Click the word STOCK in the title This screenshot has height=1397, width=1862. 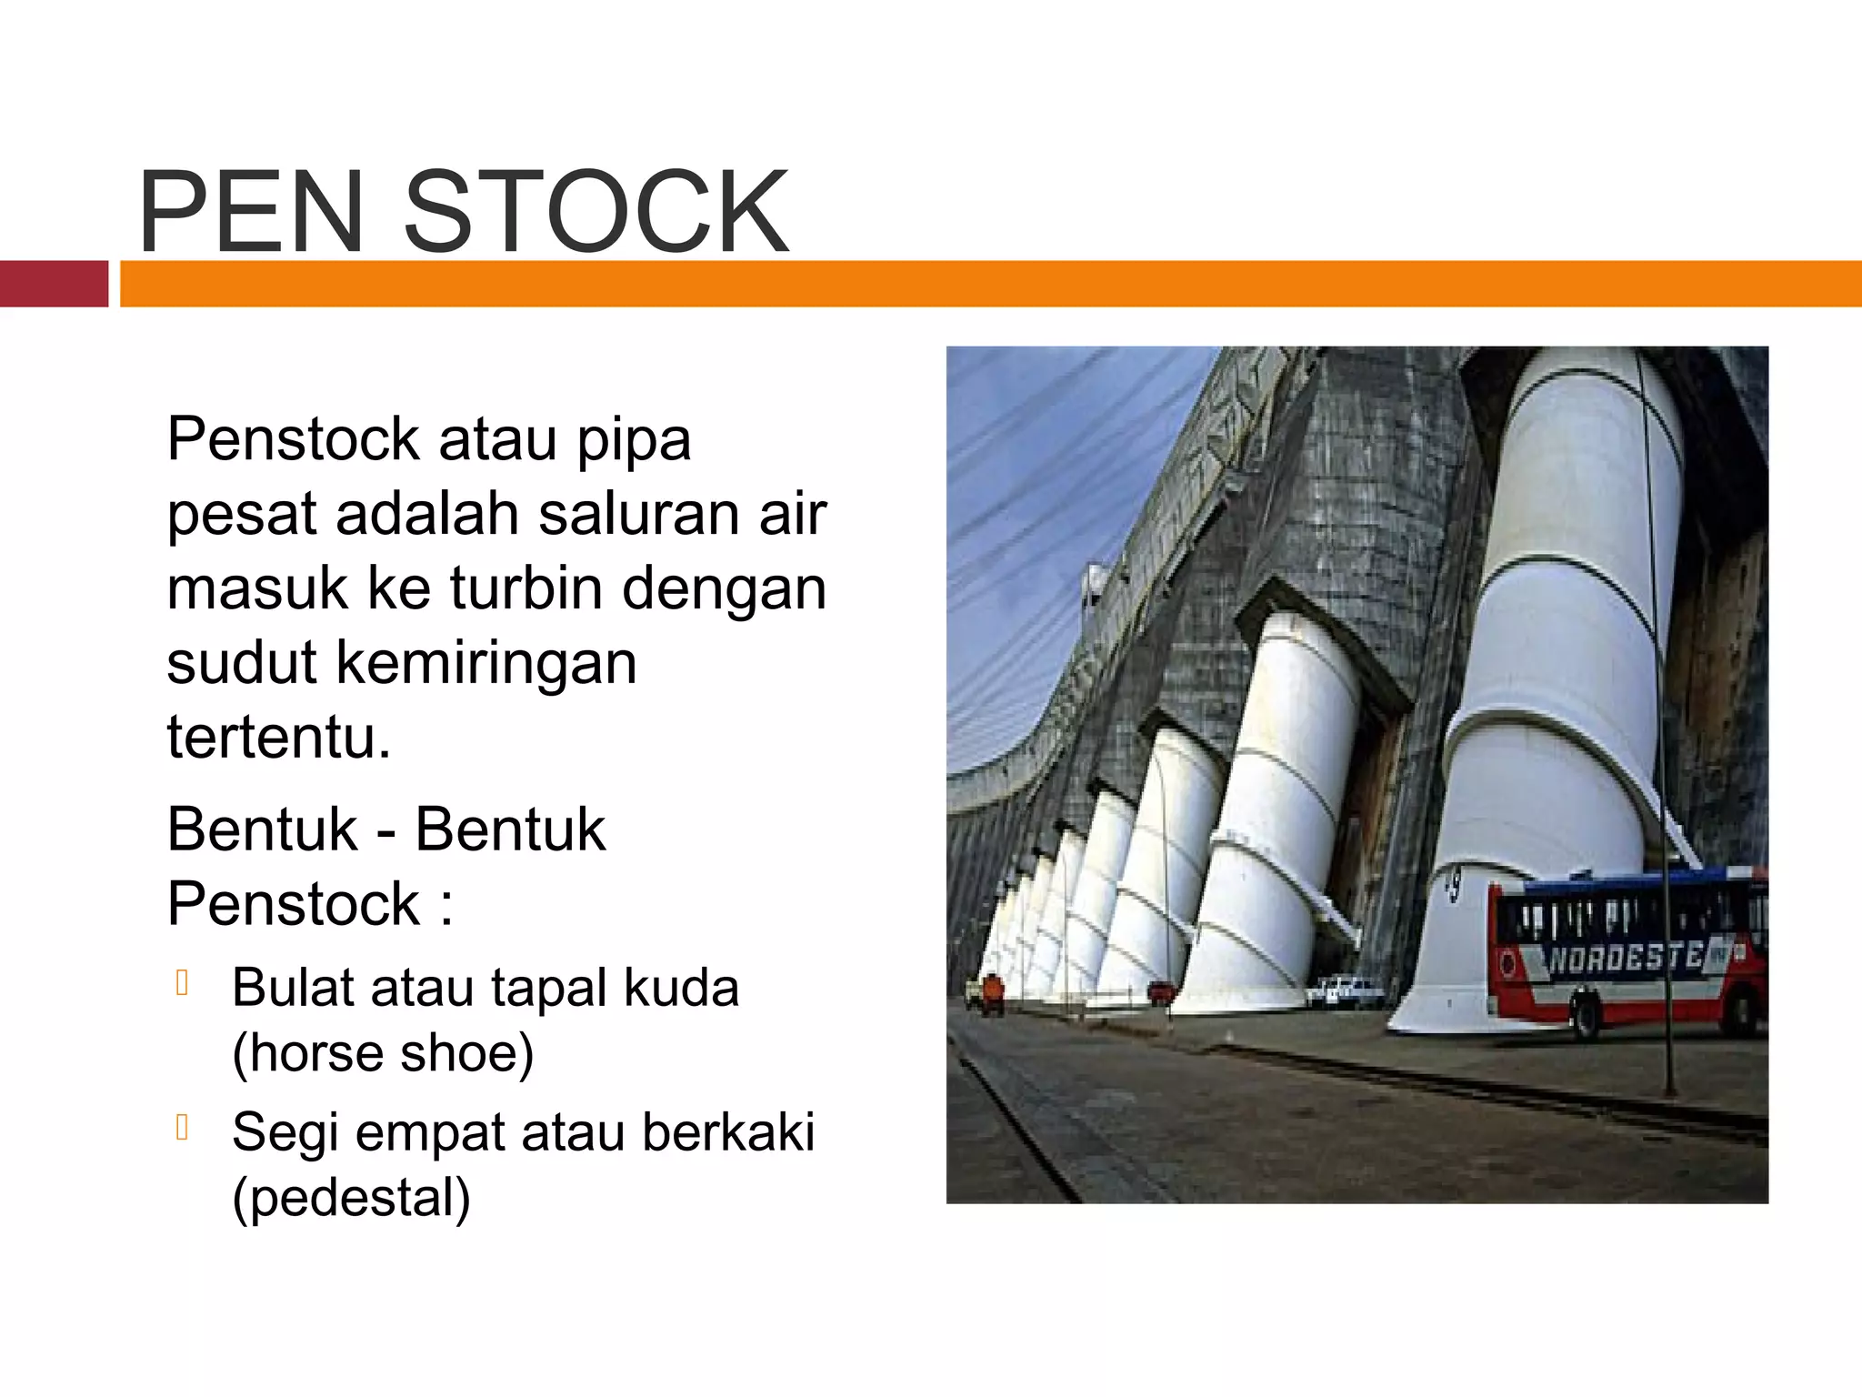(x=596, y=212)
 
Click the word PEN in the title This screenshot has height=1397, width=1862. (x=251, y=212)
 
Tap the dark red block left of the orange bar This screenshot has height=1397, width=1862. (x=54, y=284)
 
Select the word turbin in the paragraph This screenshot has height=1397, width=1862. (x=526, y=588)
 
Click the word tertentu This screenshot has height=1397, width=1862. (x=278, y=737)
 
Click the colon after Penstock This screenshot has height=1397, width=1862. (x=445, y=906)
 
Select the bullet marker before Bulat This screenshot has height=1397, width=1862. (x=182, y=983)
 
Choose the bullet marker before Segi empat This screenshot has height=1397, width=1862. (x=182, y=1128)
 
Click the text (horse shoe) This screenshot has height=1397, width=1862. (x=383, y=1053)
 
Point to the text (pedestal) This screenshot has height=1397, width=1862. (x=352, y=1197)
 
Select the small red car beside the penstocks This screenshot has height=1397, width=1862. (x=1159, y=994)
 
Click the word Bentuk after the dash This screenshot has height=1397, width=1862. (x=510, y=829)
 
